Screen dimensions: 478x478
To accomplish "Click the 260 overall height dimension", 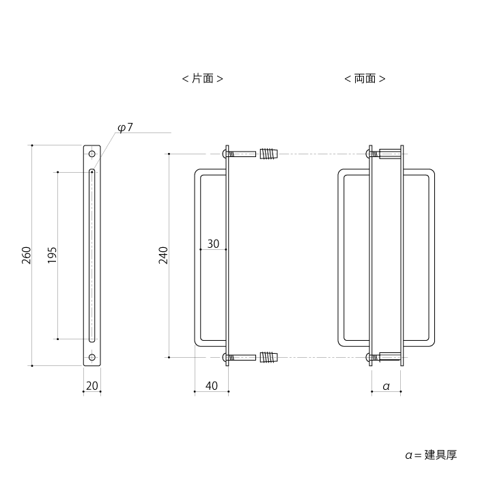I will point(27,255).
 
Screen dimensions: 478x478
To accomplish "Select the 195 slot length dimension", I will point(53,255).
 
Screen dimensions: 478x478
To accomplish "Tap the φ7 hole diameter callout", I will point(125,128).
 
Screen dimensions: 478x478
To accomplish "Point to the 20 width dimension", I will point(92,386).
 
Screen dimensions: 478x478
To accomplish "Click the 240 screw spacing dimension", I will point(163,255).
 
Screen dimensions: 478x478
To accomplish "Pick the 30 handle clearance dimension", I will point(212,243).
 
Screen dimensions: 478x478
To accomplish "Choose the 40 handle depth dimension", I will point(211,386).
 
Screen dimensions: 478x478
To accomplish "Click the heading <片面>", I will point(203,79).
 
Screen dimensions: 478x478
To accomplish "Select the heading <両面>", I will point(365,79).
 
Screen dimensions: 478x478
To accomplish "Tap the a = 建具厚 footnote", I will point(430,454).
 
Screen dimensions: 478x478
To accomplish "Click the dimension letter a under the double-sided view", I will point(386,386).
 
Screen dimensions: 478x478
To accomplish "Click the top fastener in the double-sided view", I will point(386,154).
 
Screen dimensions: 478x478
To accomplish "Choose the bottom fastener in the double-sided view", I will point(386,356).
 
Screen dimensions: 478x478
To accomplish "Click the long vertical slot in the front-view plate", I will point(92,255).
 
